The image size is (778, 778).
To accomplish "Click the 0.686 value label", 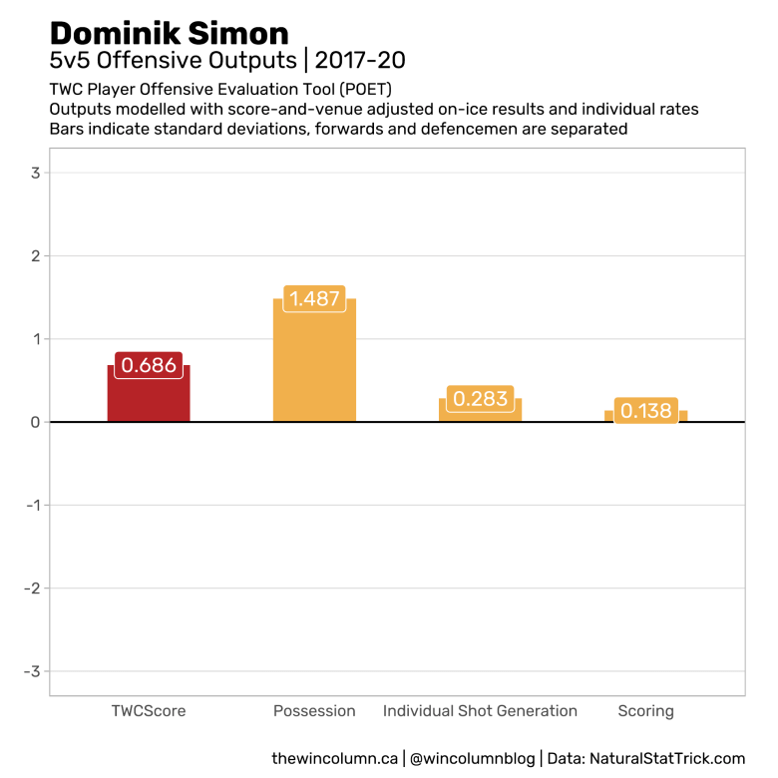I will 149,366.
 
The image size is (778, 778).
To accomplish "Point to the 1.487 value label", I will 314,298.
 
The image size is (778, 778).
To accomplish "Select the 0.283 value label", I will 480,399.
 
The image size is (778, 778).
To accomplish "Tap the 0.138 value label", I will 645,410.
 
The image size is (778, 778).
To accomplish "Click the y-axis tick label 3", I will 35,173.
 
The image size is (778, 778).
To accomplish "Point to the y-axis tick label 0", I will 35,422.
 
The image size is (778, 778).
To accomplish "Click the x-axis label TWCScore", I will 149,711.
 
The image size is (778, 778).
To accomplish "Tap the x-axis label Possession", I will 314,711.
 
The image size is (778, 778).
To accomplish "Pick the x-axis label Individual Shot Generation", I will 480,711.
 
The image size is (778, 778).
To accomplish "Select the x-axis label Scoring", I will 645,711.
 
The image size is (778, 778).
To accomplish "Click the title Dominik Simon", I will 169,34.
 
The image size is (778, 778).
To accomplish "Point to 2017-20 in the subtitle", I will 360,62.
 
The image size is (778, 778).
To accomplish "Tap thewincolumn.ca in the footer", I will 335,759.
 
